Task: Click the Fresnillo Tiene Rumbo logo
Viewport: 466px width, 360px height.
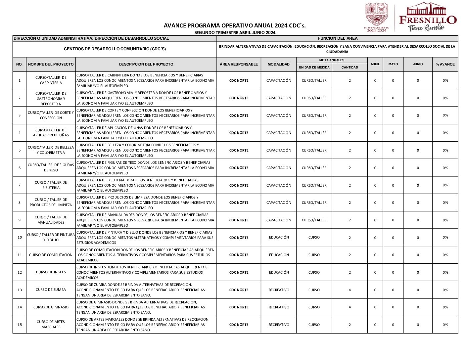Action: pos(427,17)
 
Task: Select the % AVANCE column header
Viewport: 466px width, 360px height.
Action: pos(445,64)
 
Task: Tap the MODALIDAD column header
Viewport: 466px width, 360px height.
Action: pos(278,64)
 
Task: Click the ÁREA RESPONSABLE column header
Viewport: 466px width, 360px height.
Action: pos(239,64)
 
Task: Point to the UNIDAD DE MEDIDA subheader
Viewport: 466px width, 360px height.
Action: pos(314,67)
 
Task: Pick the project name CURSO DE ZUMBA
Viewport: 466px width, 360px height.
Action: pos(51,290)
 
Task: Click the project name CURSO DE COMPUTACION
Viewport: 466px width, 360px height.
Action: pos(51,255)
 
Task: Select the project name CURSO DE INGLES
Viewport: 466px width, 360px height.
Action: pos(51,272)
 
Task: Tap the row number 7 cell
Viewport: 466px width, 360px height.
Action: pos(20,185)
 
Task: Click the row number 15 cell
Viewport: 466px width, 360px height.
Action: pos(20,325)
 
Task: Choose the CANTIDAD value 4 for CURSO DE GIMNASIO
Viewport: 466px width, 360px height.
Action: pos(349,307)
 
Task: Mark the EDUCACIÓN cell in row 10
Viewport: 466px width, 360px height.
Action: pos(279,237)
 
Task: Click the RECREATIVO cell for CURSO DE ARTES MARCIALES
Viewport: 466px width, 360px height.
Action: pos(279,325)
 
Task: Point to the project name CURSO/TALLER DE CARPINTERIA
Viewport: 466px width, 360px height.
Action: pos(51,80)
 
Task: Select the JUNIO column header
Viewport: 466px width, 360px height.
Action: pos(418,64)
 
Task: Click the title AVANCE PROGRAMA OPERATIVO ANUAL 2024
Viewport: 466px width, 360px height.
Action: pos(235,25)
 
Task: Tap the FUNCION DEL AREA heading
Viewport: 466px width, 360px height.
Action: pos(337,38)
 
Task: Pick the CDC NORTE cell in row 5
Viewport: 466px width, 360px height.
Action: pos(239,150)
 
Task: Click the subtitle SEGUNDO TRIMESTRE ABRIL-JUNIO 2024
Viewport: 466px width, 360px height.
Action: pos(235,32)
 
